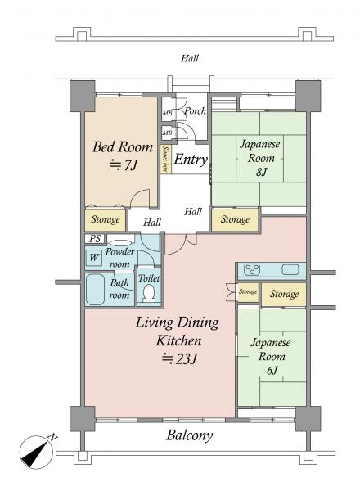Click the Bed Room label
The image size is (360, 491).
(x=123, y=155)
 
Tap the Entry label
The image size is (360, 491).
(x=191, y=159)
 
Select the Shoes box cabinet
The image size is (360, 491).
(x=166, y=159)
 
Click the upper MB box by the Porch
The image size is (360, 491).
(x=167, y=113)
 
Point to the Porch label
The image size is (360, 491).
(x=195, y=111)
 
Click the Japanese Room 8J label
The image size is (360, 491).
(x=260, y=158)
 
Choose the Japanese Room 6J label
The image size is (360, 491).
(x=271, y=356)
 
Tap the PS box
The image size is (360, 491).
(x=95, y=239)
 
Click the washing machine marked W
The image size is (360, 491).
(x=94, y=258)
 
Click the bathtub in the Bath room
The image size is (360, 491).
(x=95, y=290)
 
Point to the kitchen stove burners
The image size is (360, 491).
(x=252, y=269)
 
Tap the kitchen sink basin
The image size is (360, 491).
(x=290, y=269)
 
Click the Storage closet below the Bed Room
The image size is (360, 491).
(x=106, y=219)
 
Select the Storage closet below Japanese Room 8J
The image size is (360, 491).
(x=235, y=219)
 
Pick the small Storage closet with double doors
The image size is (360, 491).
(x=248, y=292)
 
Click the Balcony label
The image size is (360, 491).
(x=190, y=435)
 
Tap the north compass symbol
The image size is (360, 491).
(x=36, y=452)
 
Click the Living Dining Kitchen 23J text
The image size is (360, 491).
(x=178, y=340)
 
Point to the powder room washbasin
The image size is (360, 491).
(x=121, y=242)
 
